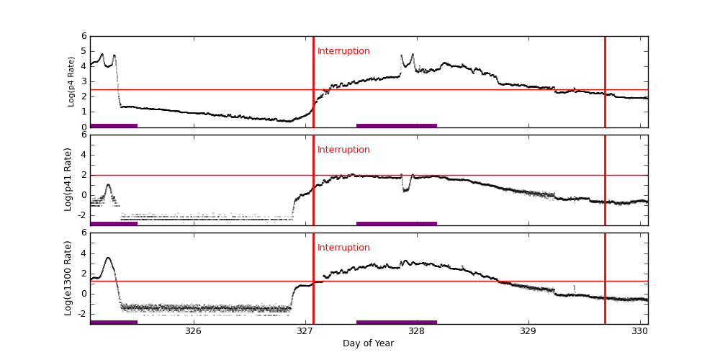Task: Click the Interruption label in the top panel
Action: [343, 51]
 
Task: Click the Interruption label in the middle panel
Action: [343, 150]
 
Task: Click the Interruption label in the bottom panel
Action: [343, 248]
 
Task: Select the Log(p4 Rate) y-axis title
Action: [71, 81]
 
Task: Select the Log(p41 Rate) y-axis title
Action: [68, 179]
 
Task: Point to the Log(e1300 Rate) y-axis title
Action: [68, 278]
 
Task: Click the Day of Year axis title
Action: [368, 343]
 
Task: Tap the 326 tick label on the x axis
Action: [193, 331]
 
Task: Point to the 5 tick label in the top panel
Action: [84, 52]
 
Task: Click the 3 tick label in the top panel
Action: [84, 82]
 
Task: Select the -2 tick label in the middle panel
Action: [82, 215]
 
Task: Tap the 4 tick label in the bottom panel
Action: [84, 253]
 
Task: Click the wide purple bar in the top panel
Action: [396, 125]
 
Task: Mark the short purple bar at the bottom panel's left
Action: [114, 322]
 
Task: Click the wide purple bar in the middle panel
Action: [396, 223]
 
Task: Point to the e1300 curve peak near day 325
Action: [108, 258]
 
